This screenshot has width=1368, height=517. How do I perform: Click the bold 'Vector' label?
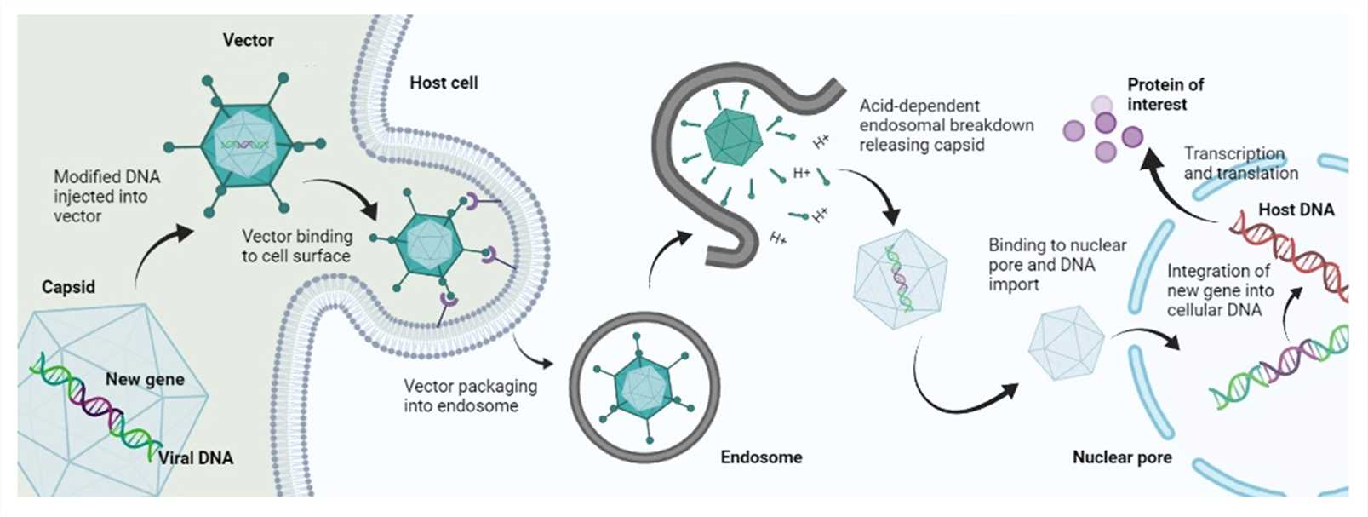(248, 40)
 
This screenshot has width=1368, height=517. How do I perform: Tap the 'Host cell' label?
(444, 83)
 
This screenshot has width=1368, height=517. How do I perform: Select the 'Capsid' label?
(68, 287)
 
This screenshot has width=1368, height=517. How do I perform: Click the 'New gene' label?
(145, 379)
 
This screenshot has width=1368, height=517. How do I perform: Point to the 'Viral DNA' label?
(196, 457)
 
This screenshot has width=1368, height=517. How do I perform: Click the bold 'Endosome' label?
(761, 457)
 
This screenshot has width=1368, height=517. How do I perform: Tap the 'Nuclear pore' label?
(1121, 457)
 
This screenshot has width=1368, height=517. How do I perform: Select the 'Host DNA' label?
(1296, 210)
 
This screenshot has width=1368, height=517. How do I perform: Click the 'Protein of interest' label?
(1165, 94)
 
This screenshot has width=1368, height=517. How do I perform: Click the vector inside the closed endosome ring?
(644, 387)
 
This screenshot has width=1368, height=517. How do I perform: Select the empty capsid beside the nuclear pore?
(1066, 342)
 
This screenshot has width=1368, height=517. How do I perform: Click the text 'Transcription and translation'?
(1240, 163)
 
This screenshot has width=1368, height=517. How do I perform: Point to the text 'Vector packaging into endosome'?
(470, 396)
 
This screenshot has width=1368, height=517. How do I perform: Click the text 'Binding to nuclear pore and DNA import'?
(1056, 264)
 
